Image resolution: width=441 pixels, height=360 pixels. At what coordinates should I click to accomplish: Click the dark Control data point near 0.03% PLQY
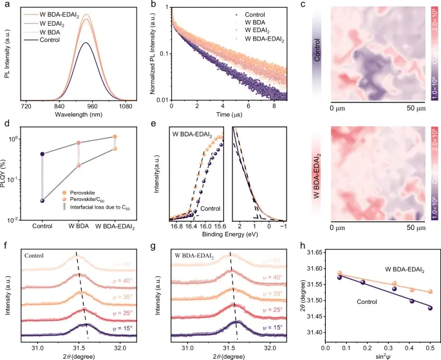(42, 200)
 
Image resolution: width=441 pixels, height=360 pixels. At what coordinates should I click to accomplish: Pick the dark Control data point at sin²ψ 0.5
(430, 308)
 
